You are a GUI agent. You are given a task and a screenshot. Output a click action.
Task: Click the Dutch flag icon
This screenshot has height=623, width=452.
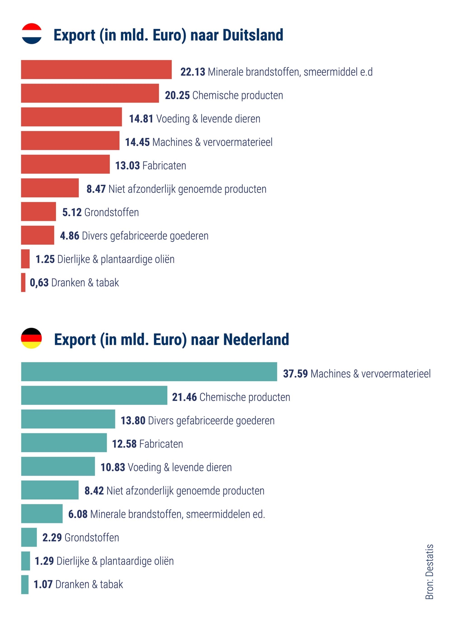pyautogui.click(x=31, y=34)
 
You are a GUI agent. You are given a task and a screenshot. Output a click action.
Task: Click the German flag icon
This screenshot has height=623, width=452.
pyautogui.click(x=31, y=338)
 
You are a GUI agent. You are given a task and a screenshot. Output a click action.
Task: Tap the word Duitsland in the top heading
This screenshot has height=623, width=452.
pyautogui.click(x=253, y=35)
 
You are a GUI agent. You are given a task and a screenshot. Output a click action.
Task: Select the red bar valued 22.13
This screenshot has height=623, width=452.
pyautogui.click(x=96, y=70)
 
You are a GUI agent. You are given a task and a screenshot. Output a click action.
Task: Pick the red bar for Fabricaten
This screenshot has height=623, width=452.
pyautogui.click(x=65, y=164)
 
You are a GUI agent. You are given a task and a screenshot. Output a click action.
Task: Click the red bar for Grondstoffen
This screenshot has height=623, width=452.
pyautogui.click(x=38, y=211)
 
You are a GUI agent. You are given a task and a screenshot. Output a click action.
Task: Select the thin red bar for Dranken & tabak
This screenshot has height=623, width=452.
pyautogui.click(x=23, y=282)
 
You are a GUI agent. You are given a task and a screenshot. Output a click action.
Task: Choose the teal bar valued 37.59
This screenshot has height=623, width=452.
pyautogui.click(x=149, y=372)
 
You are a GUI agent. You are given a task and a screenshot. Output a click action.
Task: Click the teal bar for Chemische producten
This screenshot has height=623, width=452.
pyautogui.click(x=94, y=395)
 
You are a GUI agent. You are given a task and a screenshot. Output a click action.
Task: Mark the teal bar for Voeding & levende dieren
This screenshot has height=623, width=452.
pyautogui.click(x=58, y=466)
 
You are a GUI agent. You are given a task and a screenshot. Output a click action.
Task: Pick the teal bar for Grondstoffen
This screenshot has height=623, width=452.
pyautogui.click(x=29, y=537)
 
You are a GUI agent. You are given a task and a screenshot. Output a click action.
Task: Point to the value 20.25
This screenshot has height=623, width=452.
pyautogui.click(x=177, y=95)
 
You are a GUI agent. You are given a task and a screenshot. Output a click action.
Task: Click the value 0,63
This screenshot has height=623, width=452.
pyautogui.click(x=39, y=283)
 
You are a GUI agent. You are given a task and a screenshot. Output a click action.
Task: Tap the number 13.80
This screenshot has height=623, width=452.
pyautogui.click(x=133, y=421)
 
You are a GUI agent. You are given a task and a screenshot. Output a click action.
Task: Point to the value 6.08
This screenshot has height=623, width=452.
pyautogui.click(x=78, y=514)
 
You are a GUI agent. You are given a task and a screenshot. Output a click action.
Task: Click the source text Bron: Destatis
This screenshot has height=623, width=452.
pyautogui.click(x=429, y=572)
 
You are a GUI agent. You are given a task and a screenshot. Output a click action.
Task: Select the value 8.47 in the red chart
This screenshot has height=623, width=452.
pyautogui.click(x=96, y=189)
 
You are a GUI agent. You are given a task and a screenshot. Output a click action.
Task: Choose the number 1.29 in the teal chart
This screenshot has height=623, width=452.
pyautogui.click(x=44, y=561)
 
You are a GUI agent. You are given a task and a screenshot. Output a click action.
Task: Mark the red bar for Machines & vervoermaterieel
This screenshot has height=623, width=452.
pyautogui.click(x=70, y=141)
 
